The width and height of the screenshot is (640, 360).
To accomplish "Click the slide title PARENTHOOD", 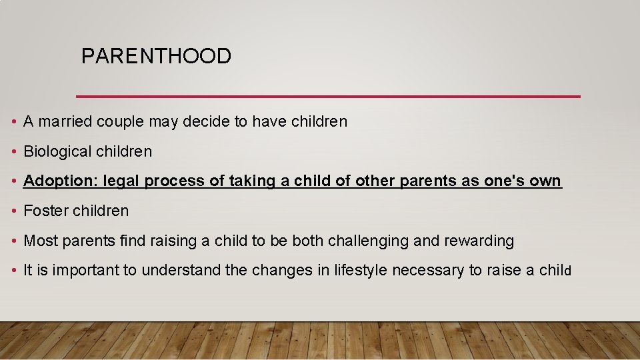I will [156, 56].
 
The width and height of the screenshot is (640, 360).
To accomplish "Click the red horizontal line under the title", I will [328, 97].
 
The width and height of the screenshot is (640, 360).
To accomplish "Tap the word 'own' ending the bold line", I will [546, 181].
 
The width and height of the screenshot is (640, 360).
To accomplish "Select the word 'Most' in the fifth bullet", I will [41, 241].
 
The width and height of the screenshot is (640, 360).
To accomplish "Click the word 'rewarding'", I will [480, 241].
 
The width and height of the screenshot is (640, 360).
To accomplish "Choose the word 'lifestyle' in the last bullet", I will [361, 270].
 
